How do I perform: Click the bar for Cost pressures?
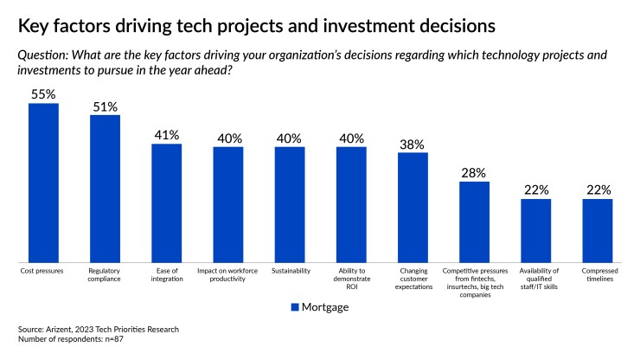(43, 183)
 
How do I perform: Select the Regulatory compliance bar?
(105, 188)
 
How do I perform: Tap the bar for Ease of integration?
(166, 202)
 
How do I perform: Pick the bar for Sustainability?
(290, 204)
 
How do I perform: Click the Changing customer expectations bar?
(413, 207)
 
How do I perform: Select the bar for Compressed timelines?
(597, 230)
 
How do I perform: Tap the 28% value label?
(474, 172)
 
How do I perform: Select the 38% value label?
(413, 143)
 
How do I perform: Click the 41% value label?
(166, 134)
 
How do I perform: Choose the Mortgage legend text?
(325, 306)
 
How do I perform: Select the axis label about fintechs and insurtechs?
(474, 282)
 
